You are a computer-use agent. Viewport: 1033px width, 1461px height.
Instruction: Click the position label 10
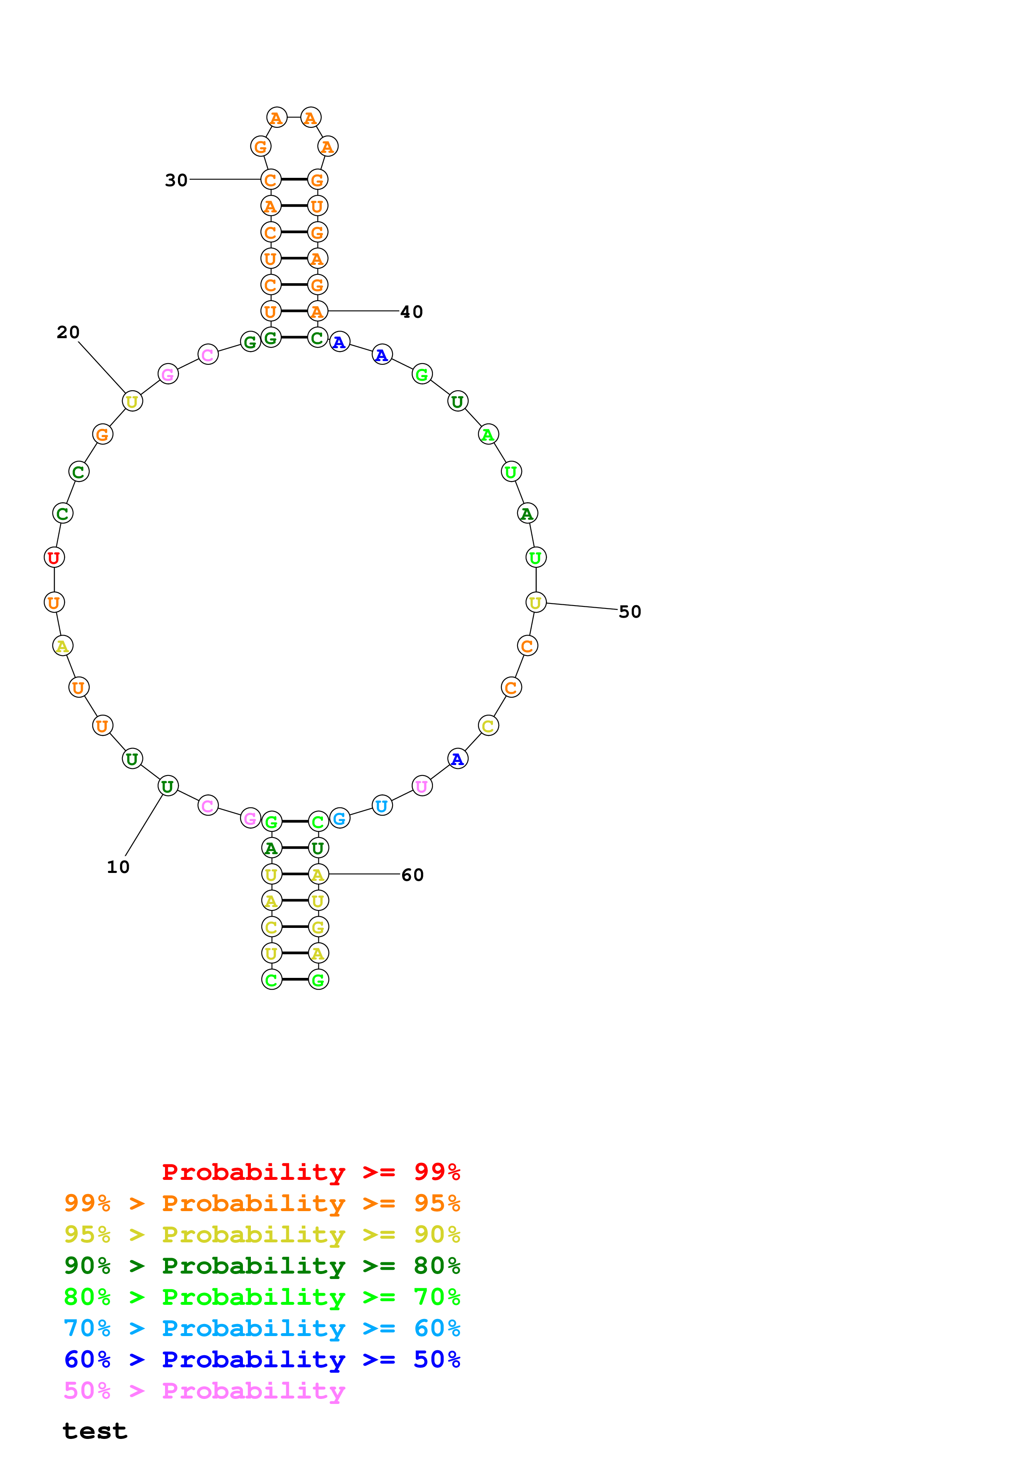click(118, 867)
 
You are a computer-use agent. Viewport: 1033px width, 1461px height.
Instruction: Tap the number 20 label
click(68, 332)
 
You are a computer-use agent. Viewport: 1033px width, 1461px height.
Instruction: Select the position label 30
click(176, 180)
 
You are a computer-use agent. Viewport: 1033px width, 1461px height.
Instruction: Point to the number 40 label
click(411, 312)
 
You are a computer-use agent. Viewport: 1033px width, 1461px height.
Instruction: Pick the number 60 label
click(413, 875)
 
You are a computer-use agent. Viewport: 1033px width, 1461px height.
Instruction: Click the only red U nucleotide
click(54, 557)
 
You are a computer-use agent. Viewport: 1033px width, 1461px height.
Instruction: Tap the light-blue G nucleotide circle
click(340, 818)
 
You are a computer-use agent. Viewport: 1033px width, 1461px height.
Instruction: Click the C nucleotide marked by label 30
click(270, 180)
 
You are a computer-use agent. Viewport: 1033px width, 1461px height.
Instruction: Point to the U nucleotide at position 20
click(132, 401)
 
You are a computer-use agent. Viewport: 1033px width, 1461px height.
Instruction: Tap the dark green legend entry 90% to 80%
click(262, 1266)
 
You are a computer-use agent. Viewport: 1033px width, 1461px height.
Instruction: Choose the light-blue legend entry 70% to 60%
click(262, 1328)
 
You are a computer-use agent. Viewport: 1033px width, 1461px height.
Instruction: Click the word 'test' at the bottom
click(95, 1431)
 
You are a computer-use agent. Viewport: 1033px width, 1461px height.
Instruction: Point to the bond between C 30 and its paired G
click(294, 180)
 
